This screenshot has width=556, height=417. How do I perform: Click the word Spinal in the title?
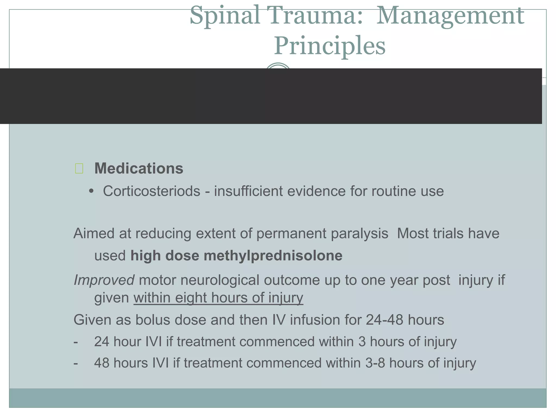pos(225,16)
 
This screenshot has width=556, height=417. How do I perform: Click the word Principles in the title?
pos(330,46)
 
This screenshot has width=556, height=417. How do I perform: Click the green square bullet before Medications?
pos(79,169)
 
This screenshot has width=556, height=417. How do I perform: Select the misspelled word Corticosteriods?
pos(151,191)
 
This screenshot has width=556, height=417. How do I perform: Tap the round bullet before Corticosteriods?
pos(91,191)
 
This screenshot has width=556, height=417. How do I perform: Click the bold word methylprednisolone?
pos(273,256)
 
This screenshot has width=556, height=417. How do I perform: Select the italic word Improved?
pos(104,280)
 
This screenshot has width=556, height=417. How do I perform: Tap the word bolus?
pos(153,320)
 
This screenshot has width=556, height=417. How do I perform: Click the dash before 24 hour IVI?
pos(76,342)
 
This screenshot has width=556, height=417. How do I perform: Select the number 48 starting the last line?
pos(102,363)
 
